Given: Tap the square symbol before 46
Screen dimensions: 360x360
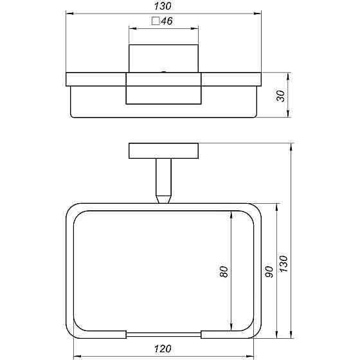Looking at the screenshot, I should (x=155, y=21).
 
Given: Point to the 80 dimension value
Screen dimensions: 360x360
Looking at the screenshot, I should (x=224, y=272).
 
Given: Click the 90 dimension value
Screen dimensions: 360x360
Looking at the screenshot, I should (x=269, y=272).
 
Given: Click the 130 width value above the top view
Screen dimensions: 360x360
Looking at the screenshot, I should (x=164, y=4).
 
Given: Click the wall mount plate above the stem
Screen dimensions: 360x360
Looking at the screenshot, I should (x=164, y=151).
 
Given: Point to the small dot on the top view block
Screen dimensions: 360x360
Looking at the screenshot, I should (x=164, y=72).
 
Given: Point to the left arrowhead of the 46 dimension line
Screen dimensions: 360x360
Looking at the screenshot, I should (x=132, y=28).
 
